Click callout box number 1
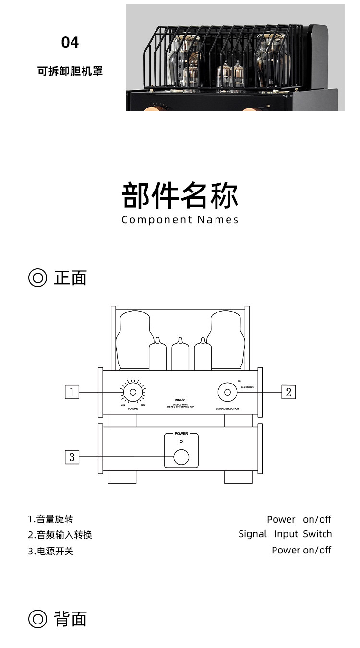pos(72,392)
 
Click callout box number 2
pos(288,392)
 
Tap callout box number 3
pos(72,457)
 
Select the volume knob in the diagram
pos(132,393)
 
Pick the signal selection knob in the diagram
pos(227,392)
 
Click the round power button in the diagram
pos(181,457)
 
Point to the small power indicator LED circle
pos(181,441)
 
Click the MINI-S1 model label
pos(180,399)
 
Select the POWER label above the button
pos(181,433)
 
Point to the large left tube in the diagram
pos(133,341)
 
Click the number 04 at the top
pos(70,43)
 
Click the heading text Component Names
pos(180,220)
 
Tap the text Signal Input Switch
pos(285,534)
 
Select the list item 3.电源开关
pos(50,551)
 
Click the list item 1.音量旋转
pos(50,519)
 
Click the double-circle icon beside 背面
pos(37,619)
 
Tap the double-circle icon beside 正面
pos(37,278)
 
